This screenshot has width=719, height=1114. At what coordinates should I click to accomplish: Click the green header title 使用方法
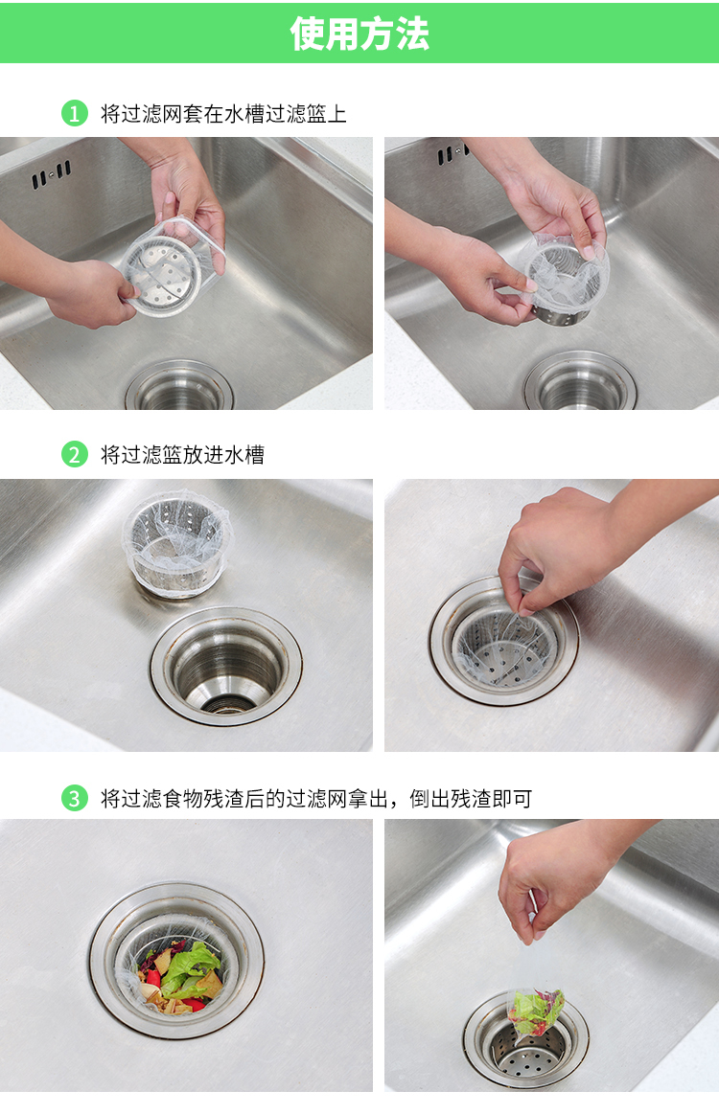point(359,34)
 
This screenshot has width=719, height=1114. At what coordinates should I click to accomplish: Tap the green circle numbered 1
point(75,113)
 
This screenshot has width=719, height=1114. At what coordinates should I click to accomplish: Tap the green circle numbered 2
point(75,455)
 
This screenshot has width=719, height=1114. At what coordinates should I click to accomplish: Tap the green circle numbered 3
point(75,799)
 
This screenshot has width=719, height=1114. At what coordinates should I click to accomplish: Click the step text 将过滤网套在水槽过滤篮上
point(223,114)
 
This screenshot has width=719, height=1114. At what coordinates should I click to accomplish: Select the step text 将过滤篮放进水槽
point(182,455)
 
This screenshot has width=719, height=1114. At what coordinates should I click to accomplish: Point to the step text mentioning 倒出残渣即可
point(315,799)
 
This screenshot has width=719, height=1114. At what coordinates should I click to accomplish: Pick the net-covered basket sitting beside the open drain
point(176,543)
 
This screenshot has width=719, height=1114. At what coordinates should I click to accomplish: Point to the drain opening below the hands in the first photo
point(180,387)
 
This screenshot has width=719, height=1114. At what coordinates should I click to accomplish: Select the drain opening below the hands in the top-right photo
point(581,382)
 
